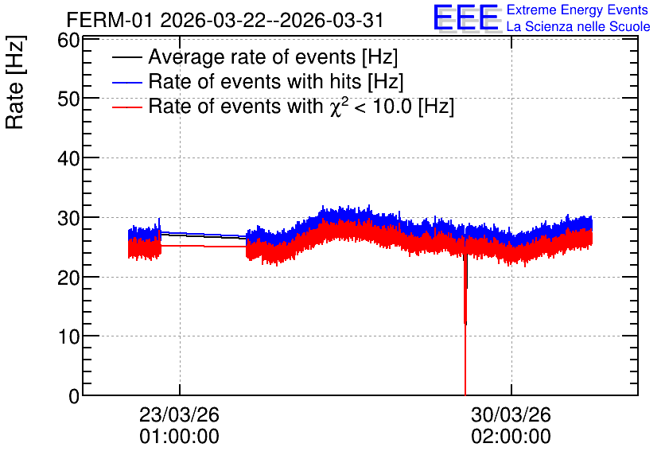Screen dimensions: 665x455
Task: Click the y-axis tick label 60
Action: click(x=68, y=41)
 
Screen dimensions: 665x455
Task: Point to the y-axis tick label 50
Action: click(x=68, y=99)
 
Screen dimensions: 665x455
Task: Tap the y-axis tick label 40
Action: click(x=68, y=158)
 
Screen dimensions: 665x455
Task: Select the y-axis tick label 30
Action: click(x=68, y=218)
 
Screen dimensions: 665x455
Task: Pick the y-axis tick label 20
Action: click(x=68, y=278)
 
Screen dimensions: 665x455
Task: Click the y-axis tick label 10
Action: click(x=68, y=336)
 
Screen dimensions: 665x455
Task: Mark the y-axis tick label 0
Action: click(x=74, y=396)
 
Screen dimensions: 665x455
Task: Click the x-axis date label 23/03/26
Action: click(x=180, y=414)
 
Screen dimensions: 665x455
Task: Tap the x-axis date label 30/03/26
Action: click(x=511, y=414)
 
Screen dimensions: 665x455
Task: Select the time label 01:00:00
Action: click(x=180, y=437)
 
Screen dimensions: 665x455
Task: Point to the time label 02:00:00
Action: click(x=511, y=437)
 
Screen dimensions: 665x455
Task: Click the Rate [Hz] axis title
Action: click(x=15, y=82)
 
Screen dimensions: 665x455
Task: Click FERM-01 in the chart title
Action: click(x=110, y=20)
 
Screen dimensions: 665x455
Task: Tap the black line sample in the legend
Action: click(x=126, y=57)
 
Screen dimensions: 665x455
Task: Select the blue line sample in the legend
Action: click(x=126, y=82)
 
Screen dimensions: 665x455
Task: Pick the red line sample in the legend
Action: click(x=126, y=107)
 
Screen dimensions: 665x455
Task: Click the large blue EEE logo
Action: click(x=465, y=17)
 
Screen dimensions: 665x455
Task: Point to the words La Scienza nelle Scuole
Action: click(x=578, y=27)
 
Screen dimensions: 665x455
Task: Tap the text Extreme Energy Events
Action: click(x=577, y=10)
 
